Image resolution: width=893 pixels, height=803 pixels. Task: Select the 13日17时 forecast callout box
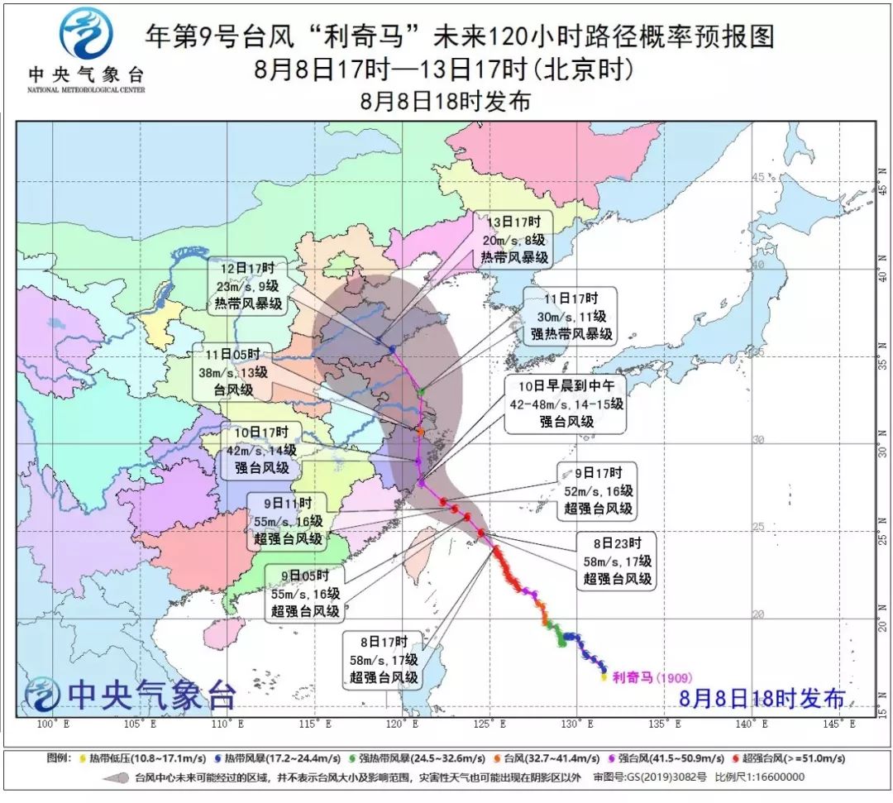click(x=513, y=239)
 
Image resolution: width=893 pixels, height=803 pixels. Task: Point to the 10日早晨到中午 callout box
click(x=566, y=403)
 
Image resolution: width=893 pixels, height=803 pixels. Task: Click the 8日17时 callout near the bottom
click(x=384, y=661)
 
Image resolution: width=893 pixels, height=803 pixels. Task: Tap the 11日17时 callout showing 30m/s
click(x=569, y=315)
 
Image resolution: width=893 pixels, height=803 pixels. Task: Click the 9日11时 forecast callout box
click(x=288, y=520)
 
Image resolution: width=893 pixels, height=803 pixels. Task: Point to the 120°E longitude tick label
click(x=400, y=724)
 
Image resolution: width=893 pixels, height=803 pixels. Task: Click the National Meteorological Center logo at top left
click(x=85, y=50)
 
